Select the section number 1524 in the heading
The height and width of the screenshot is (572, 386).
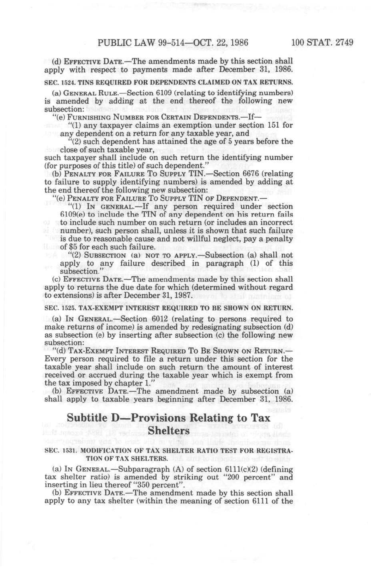(x=66, y=82)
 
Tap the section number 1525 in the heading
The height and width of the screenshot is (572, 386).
(x=66, y=308)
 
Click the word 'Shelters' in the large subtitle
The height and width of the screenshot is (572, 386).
(x=169, y=431)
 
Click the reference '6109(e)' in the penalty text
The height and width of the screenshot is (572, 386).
(x=72, y=215)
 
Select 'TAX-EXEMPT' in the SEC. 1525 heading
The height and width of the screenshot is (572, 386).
(x=96, y=308)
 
